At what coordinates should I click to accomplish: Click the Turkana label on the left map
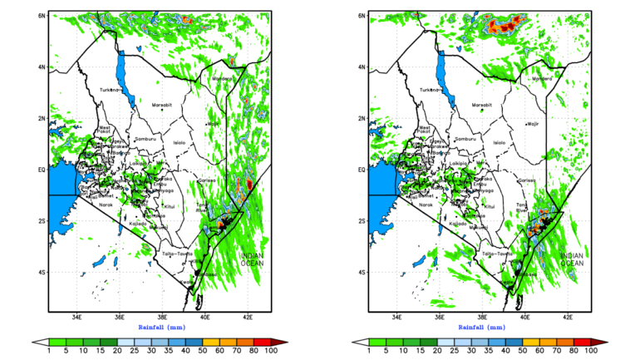(108, 90)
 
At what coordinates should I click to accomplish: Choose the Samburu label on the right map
(465, 139)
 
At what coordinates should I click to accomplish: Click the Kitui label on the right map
(490, 205)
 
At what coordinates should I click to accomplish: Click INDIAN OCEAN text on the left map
(253, 259)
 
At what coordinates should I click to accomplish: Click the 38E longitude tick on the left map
(162, 317)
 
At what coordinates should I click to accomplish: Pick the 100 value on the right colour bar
(591, 351)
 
